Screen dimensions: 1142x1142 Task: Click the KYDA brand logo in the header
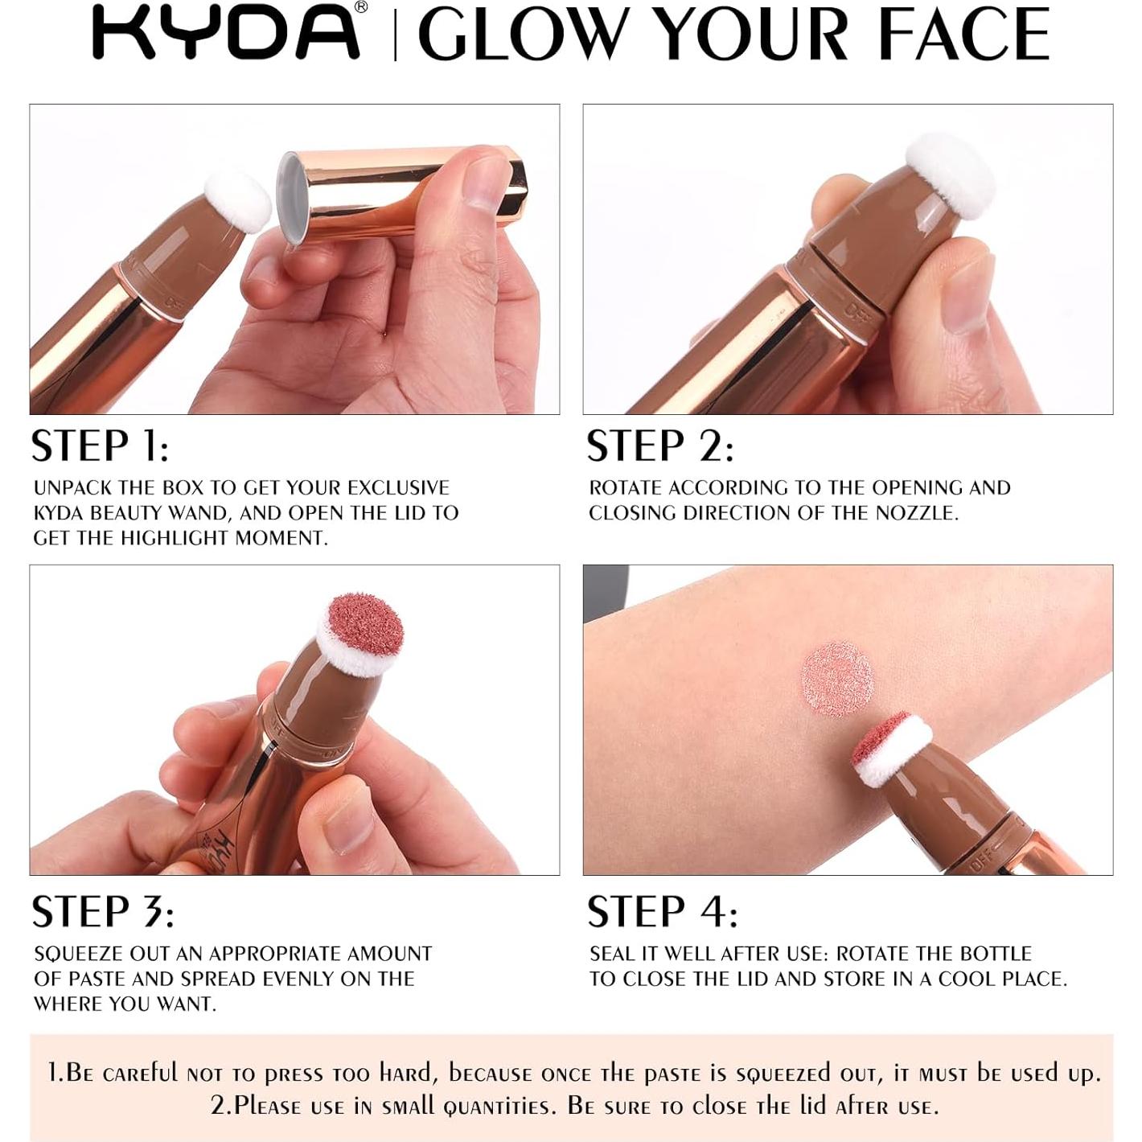tap(226, 32)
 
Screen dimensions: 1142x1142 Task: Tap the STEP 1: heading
tap(100, 446)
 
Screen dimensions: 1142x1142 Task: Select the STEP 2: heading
tap(659, 446)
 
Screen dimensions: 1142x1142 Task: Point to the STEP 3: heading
tap(102, 912)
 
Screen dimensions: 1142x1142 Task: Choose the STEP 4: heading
tap(662, 912)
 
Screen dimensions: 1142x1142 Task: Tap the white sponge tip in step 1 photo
tap(238, 200)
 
